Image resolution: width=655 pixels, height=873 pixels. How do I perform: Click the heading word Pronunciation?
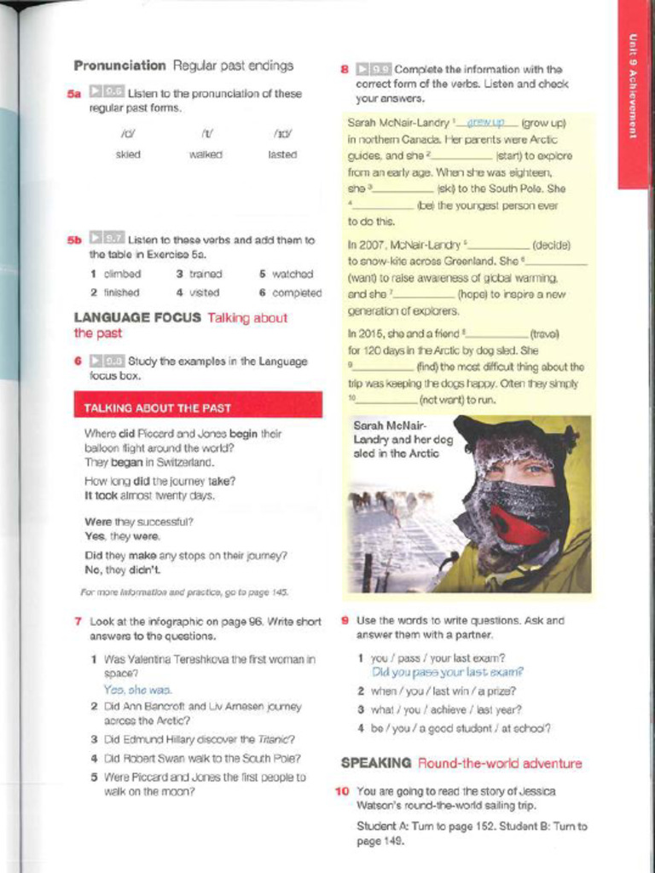tap(119, 66)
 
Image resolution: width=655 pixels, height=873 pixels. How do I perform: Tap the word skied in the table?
tap(128, 154)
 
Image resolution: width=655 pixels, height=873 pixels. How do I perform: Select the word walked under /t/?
tap(206, 154)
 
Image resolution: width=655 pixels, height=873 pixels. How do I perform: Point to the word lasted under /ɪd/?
tap(282, 154)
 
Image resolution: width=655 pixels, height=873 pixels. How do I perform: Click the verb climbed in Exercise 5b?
tap(122, 275)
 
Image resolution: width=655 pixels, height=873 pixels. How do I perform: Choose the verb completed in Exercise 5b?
tap(297, 292)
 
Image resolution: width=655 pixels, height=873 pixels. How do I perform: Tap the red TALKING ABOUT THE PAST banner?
tap(198, 408)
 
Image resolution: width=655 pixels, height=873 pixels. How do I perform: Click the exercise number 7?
tap(78, 622)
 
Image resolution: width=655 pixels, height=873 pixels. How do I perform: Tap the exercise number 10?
tap(342, 791)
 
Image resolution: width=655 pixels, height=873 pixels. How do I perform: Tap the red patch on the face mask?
tap(516, 524)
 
